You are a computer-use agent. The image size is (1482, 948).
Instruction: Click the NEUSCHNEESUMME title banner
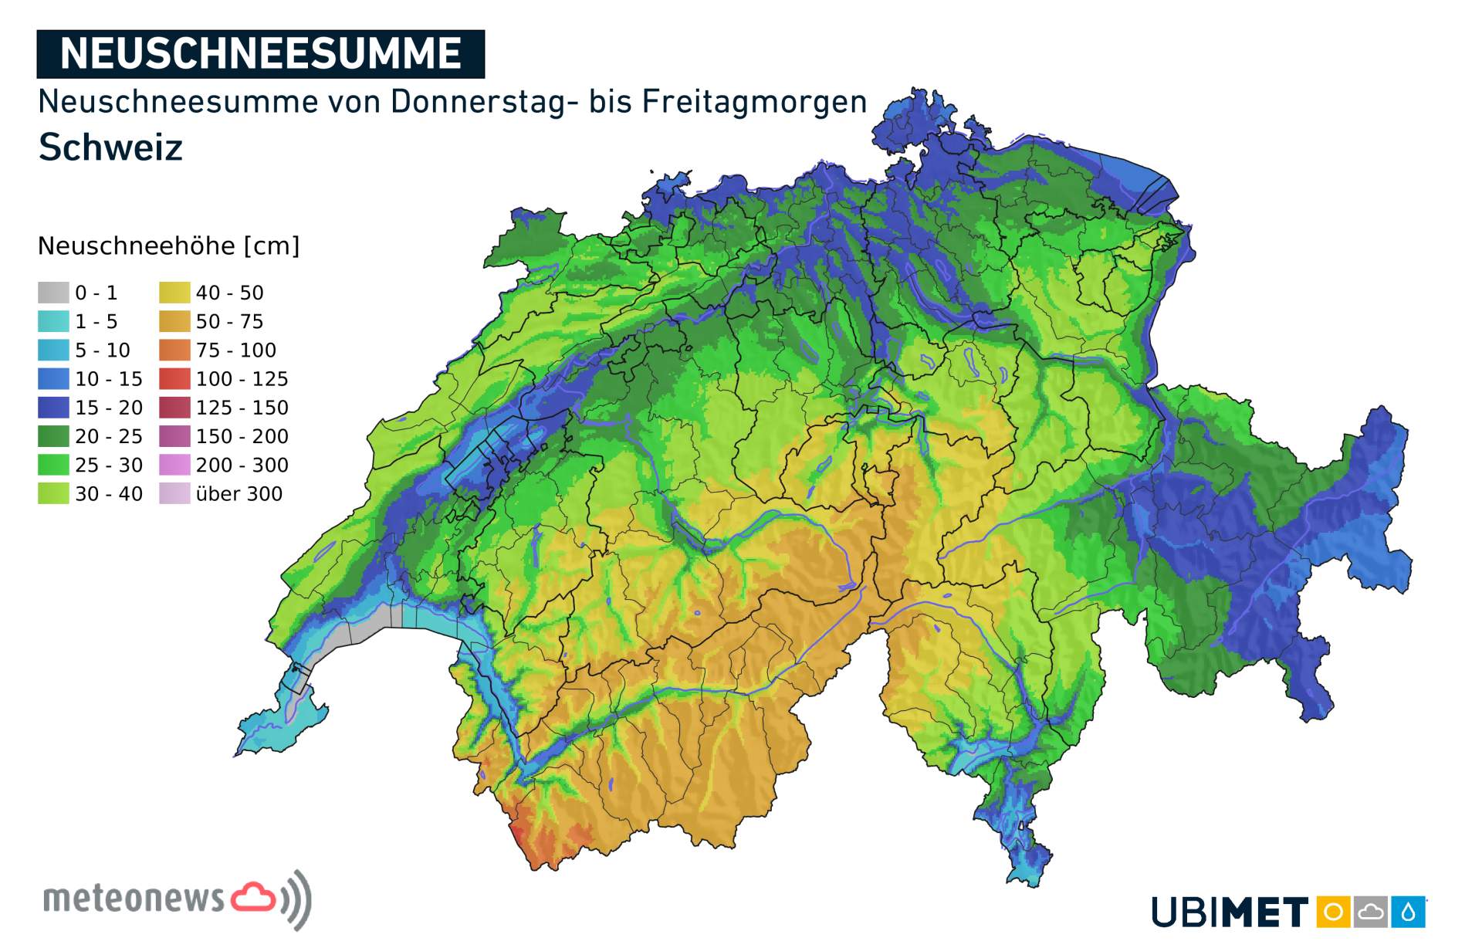260,54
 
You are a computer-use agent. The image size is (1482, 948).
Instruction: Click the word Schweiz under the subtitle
110,147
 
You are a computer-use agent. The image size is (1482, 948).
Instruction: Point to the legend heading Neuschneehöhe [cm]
168,246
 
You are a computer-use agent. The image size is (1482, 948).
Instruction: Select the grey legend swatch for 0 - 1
53,293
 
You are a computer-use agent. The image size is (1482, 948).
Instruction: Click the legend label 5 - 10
102,350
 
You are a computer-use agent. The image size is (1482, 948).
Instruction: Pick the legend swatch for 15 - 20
53,408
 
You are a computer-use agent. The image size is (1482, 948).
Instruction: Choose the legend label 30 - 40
108,494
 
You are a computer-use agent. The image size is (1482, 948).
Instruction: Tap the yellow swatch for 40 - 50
174,293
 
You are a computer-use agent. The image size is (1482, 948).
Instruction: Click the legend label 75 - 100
235,350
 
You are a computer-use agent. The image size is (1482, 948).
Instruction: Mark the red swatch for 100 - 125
174,379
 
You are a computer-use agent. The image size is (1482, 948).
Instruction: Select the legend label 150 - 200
242,437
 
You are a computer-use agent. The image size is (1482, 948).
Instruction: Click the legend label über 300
239,494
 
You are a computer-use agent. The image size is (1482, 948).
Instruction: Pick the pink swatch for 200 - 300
174,466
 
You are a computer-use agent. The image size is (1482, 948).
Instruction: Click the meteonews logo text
133,899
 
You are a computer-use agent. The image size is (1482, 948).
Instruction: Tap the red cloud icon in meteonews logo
253,897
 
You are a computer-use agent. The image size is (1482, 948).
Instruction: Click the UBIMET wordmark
1229,912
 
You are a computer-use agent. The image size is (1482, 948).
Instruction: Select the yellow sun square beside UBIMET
1333,912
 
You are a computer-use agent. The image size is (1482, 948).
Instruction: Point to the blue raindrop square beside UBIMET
1409,912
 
